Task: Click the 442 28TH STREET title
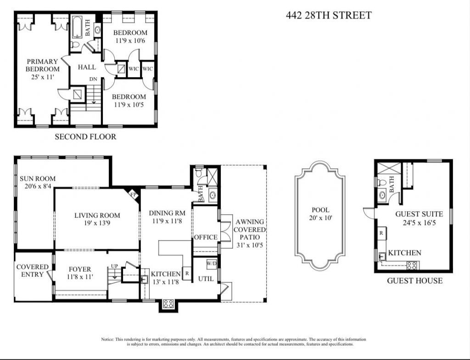click(x=328, y=15)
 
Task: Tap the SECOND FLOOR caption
click(x=85, y=136)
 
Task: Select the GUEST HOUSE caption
click(x=415, y=281)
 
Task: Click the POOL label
click(x=320, y=210)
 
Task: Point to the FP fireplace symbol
click(x=134, y=194)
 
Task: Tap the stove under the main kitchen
click(x=168, y=304)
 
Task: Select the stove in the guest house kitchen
click(x=412, y=265)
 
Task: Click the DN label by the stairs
click(x=93, y=79)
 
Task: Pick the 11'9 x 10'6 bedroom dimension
click(x=130, y=41)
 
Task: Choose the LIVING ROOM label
click(x=97, y=215)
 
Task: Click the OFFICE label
click(x=206, y=237)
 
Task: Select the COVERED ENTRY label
click(x=33, y=270)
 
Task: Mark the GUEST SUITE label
click(x=419, y=214)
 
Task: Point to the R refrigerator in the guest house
click(x=381, y=233)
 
